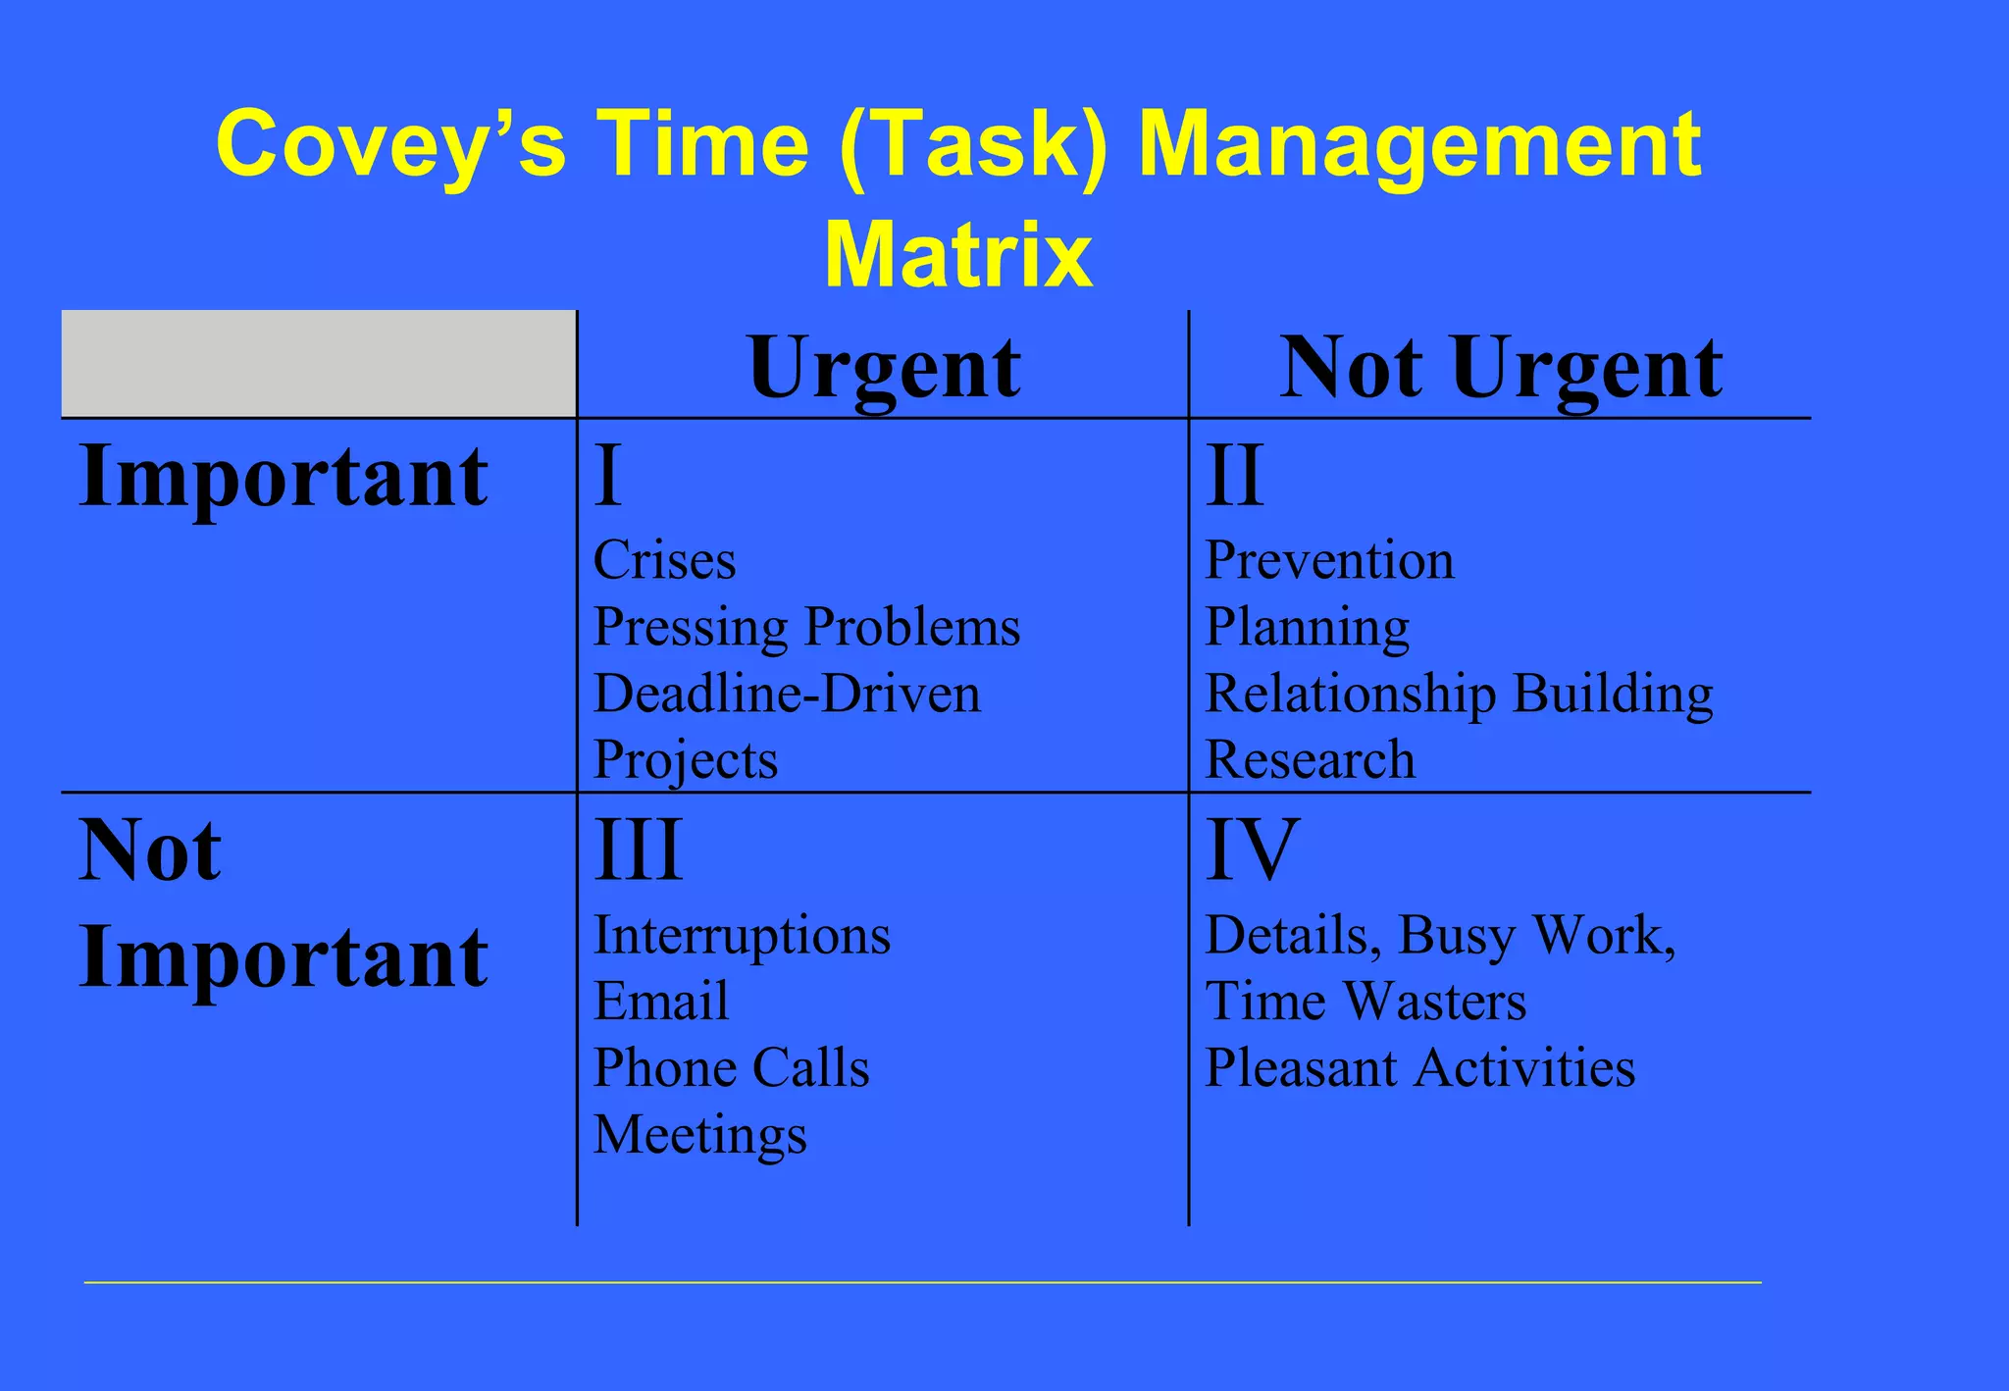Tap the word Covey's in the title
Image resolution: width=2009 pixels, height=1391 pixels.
coord(390,144)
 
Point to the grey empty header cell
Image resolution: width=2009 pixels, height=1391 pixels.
coord(318,364)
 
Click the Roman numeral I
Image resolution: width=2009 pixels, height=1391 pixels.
coord(608,476)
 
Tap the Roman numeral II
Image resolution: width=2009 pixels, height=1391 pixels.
coord(1234,476)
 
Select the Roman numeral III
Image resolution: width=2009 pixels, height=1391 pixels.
coord(638,850)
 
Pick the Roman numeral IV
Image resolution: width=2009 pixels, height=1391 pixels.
coord(1252,850)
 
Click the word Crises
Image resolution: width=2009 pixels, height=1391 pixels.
coord(664,561)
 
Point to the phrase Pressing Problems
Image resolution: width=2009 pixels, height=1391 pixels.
coord(806,628)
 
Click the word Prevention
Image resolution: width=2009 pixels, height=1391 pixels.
coord(1329,561)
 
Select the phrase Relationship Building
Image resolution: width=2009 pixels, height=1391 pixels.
coord(1459,695)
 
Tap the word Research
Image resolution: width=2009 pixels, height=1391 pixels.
coord(1310,760)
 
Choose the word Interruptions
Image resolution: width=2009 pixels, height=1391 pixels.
coord(742,936)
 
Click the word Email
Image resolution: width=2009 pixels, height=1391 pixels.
coord(661,1002)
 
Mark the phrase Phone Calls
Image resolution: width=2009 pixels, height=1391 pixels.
coord(731,1067)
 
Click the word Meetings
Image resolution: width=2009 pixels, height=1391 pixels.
coord(699,1135)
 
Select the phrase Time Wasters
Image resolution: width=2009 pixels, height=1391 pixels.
coord(1365,1002)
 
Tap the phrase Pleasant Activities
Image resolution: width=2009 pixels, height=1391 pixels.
coord(1419,1067)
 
